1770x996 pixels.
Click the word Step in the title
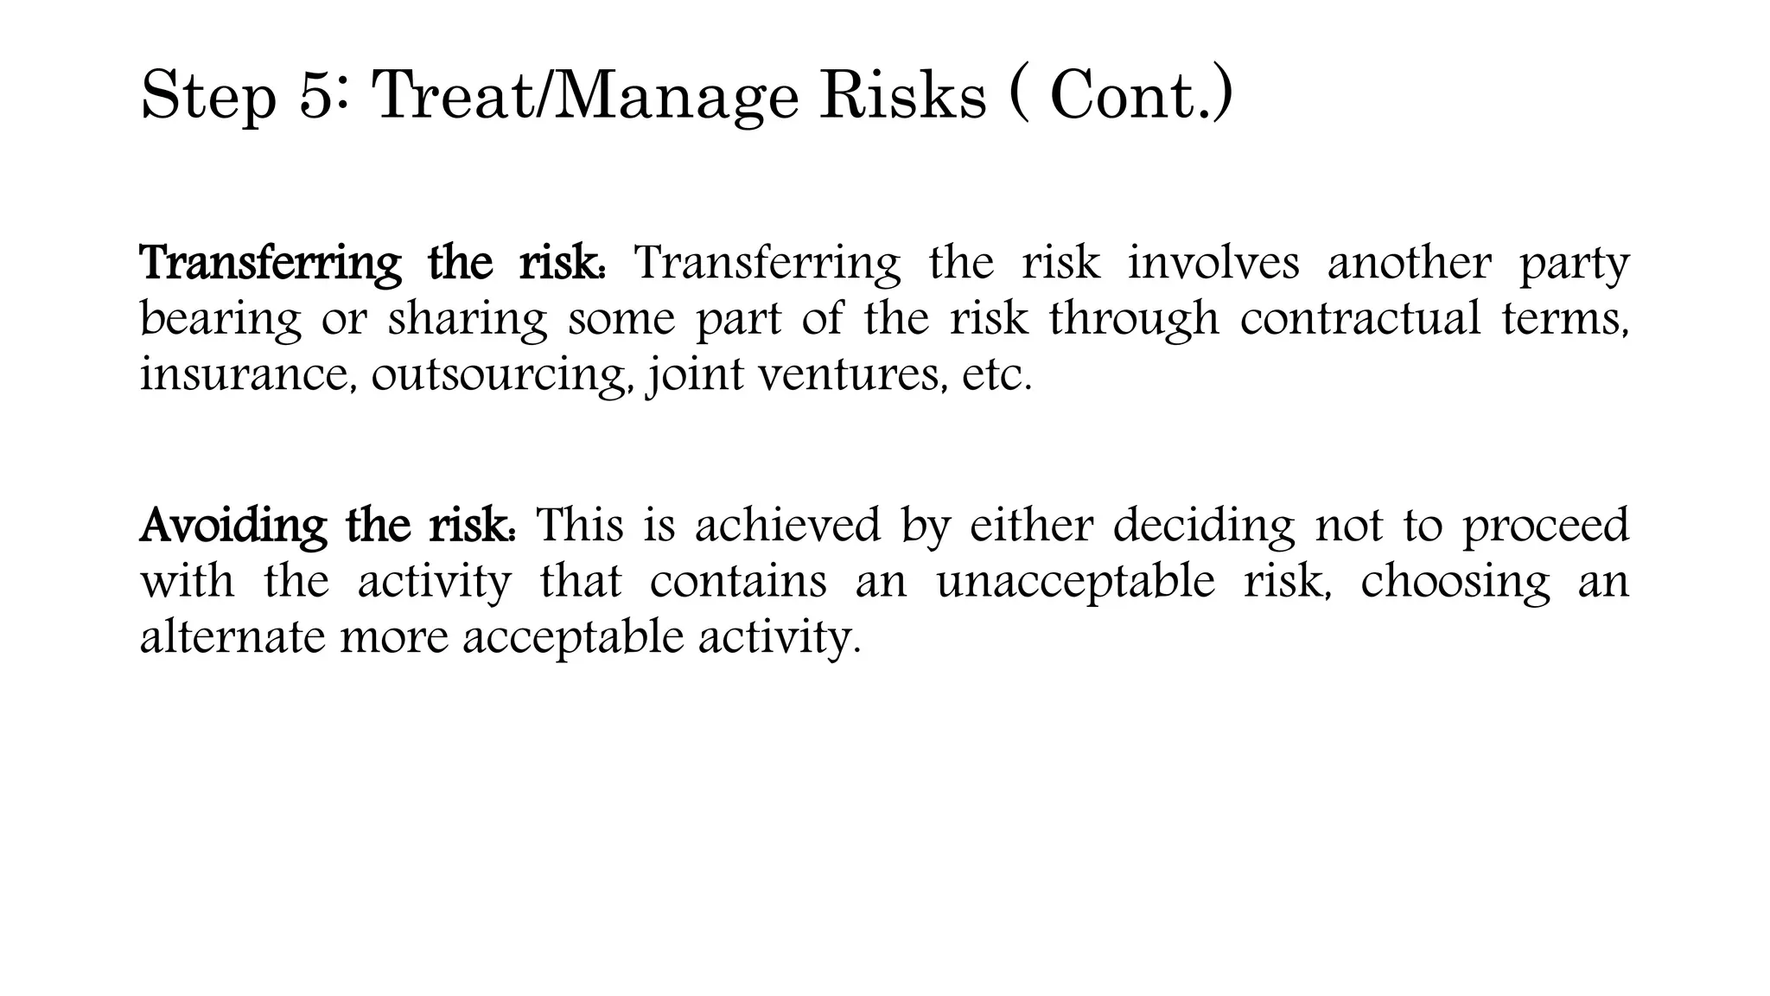pyautogui.click(x=207, y=97)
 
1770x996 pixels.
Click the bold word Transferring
pyautogui.click(x=270, y=263)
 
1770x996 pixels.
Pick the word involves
pyautogui.click(x=1213, y=263)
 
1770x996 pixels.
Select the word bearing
pyautogui.click(x=220, y=320)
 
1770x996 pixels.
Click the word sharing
pyautogui.click(x=468, y=320)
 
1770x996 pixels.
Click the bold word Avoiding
pyautogui.click(x=233, y=526)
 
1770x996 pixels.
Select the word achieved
pyautogui.click(x=786, y=526)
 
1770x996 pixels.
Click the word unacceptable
pyautogui.click(x=1075, y=583)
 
